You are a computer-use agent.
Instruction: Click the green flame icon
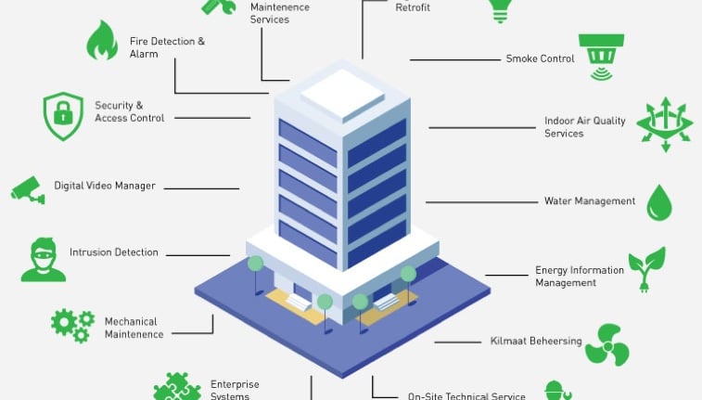(101, 41)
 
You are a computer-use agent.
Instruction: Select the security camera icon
(28, 188)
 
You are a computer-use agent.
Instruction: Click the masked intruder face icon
(44, 259)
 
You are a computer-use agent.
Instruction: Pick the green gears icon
(72, 325)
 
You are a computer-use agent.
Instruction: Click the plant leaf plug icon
(646, 269)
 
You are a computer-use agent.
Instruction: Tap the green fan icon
(607, 343)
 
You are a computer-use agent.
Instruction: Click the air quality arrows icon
(665, 124)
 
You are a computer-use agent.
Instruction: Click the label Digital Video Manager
(105, 186)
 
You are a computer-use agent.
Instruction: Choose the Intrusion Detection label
(114, 252)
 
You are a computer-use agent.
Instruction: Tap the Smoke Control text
(540, 58)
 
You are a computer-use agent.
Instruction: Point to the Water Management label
(590, 201)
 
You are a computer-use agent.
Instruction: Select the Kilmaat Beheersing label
(536, 342)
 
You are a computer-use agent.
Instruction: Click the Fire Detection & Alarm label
(167, 47)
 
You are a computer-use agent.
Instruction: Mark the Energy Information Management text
(580, 277)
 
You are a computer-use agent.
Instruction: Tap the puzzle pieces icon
(176, 387)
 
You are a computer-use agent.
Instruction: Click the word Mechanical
(131, 322)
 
